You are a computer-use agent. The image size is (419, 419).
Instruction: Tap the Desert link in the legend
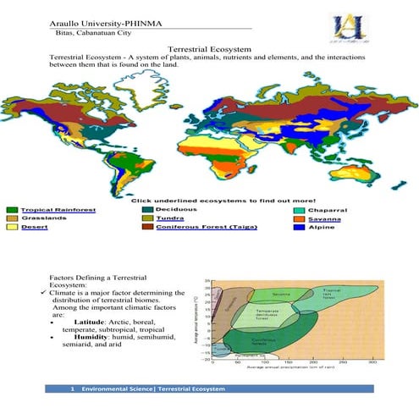34,227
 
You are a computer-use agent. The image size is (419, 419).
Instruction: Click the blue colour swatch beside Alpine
300,227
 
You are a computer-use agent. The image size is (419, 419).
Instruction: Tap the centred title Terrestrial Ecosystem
209,51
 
